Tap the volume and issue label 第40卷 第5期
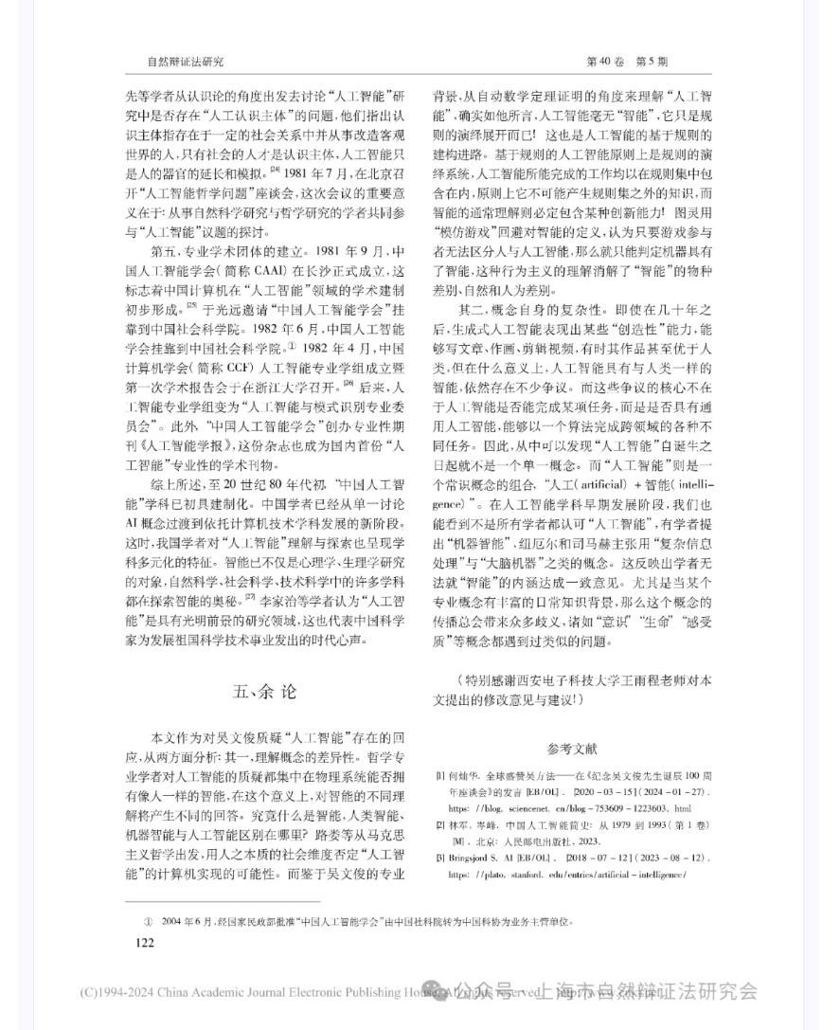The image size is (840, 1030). [x=627, y=62]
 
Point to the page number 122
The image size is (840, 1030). [x=145, y=942]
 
